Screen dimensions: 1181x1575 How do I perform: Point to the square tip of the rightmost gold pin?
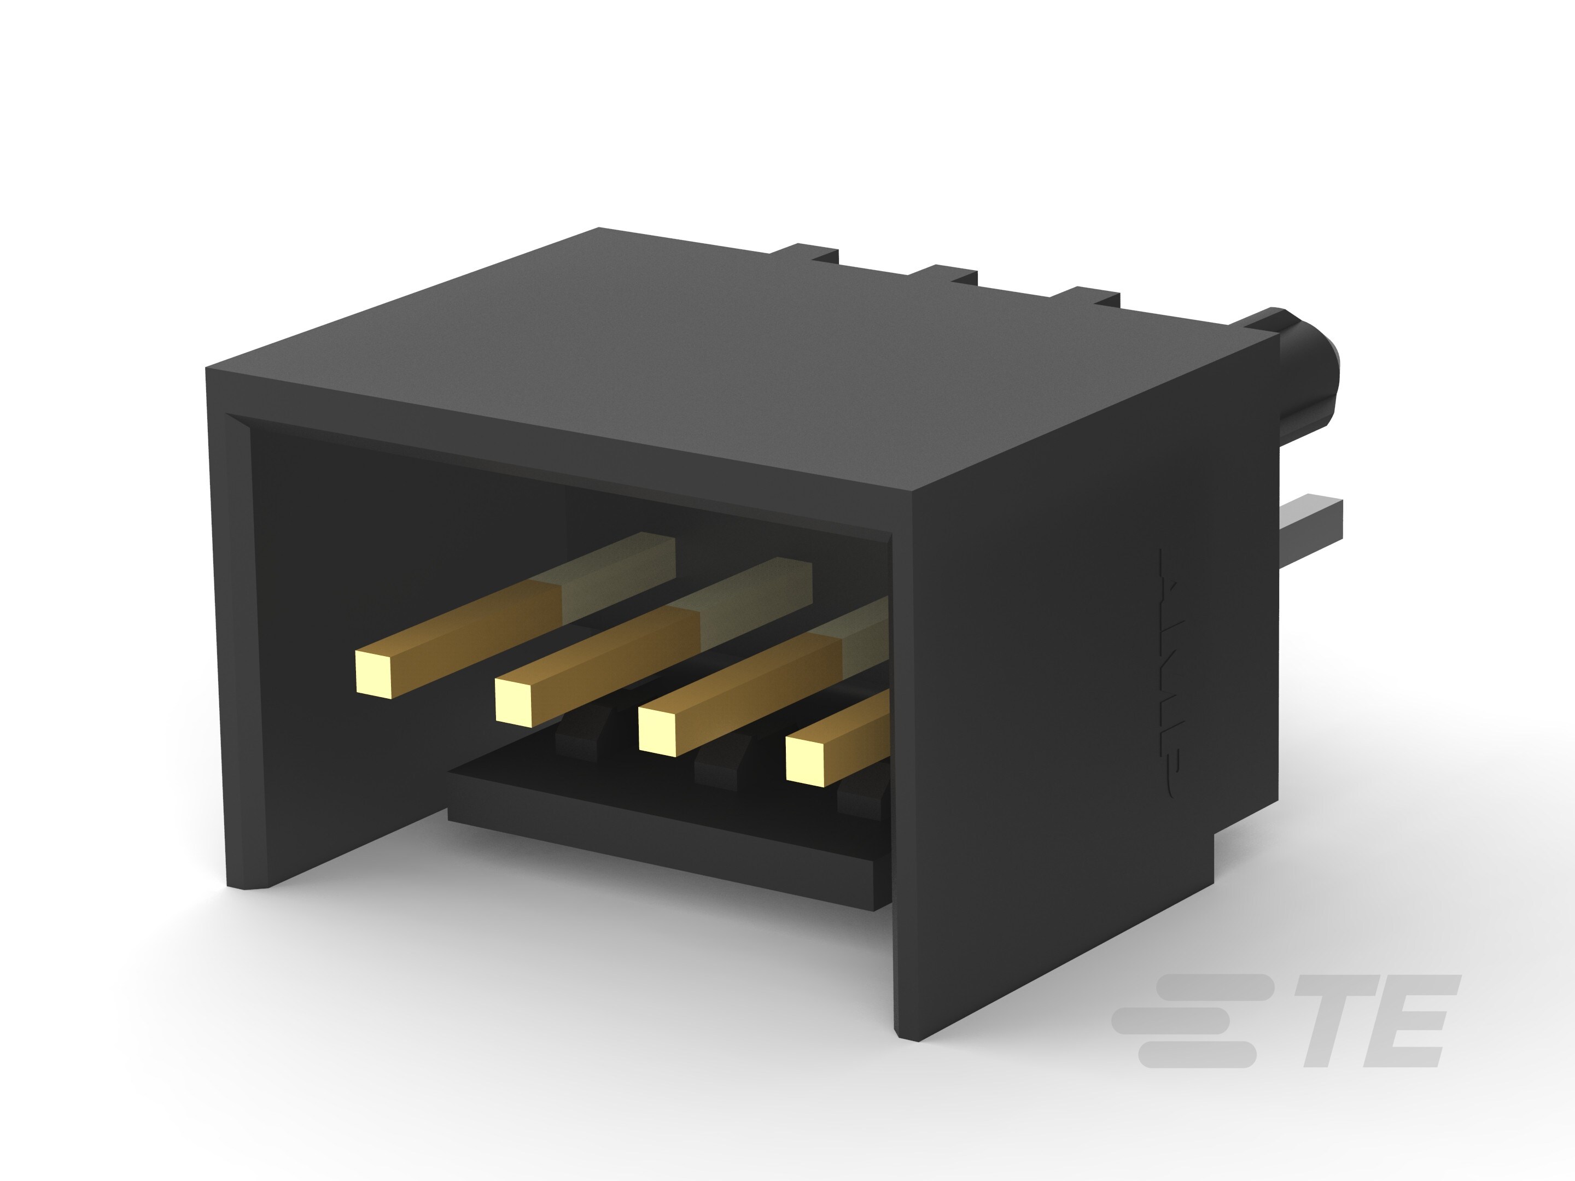(804, 761)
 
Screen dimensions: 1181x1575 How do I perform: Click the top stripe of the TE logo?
(1210, 987)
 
